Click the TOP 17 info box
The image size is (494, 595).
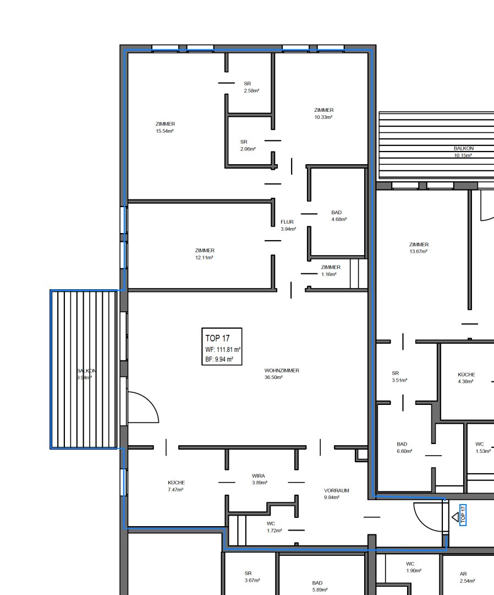(222, 347)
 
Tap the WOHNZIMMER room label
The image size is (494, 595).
(282, 370)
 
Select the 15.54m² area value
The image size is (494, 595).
(165, 131)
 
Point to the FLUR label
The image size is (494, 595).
(287, 222)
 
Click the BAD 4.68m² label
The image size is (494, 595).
(339, 216)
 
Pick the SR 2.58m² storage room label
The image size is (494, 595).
(251, 87)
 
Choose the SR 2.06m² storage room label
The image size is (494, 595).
(248, 145)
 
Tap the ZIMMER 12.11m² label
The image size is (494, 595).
(205, 254)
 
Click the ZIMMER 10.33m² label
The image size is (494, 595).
(324, 113)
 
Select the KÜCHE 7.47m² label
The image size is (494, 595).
(176, 486)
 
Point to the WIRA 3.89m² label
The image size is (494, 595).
(259, 479)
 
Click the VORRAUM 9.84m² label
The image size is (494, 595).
(337, 494)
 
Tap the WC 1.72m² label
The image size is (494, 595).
(274, 527)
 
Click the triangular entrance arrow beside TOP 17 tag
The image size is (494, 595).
(455, 517)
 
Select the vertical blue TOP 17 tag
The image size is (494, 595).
(463, 515)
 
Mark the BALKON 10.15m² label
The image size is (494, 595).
(463, 152)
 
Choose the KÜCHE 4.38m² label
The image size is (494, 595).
(466, 378)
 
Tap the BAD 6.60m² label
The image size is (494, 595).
(404, 447)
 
